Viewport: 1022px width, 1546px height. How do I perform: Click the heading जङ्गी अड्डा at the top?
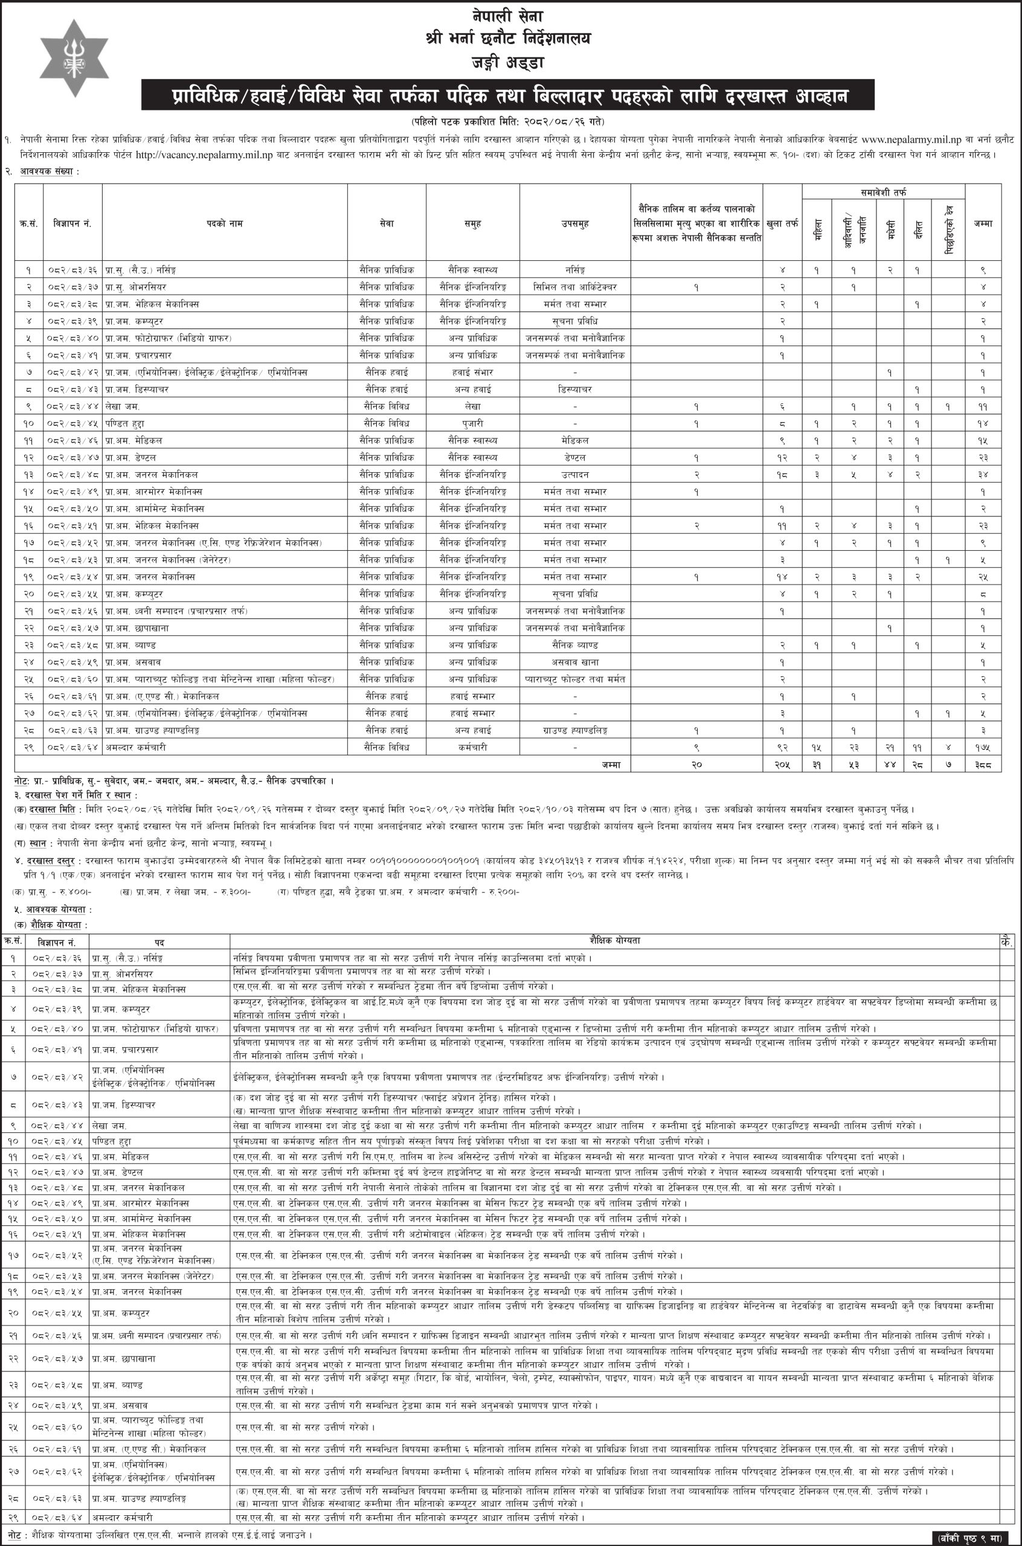coord(510,64)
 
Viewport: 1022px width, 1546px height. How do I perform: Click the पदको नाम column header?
coord(224,223)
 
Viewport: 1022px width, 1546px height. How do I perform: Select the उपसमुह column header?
coord(574,223)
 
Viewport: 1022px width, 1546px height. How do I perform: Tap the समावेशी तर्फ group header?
coord(883,193)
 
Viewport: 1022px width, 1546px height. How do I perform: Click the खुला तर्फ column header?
coord(782,223)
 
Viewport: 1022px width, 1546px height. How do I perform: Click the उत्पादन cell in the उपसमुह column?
coord(574,474)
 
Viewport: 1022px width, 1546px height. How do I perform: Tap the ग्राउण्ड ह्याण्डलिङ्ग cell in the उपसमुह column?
coord(574,730)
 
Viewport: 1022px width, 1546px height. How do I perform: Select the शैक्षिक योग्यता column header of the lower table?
coord(612,941)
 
